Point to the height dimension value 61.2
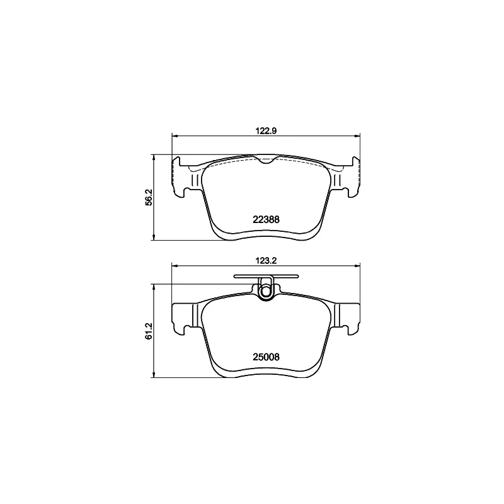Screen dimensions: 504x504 (x=149, y=331)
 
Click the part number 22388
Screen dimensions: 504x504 (x=266, y=219)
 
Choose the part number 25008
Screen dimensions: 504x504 (x=266, y=356)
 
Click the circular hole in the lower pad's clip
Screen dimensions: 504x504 (x=266, y=291)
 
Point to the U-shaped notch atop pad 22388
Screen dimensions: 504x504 (x=266, y=160)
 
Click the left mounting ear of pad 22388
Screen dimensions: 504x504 (x=183, y=175)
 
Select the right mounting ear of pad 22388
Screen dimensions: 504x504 (x=348, y=175)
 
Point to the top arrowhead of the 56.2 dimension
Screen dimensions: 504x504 (x=154, y=157)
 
